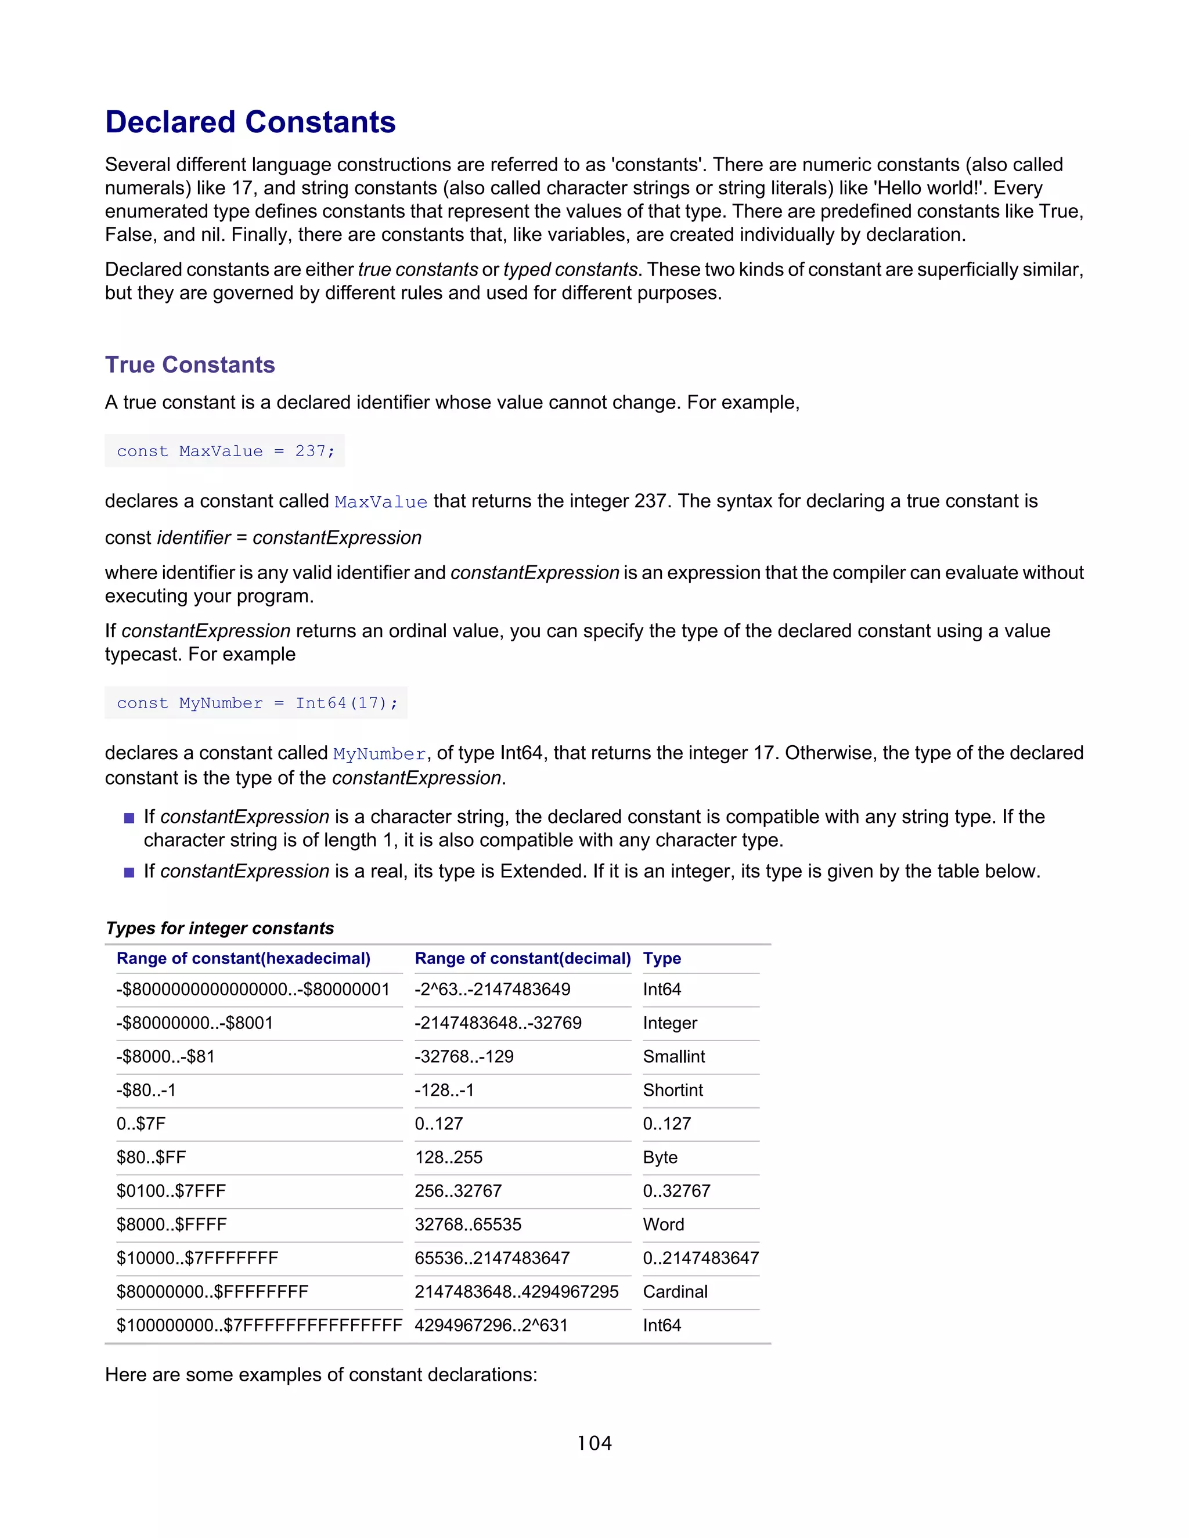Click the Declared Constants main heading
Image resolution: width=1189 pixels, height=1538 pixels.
click(250, 122)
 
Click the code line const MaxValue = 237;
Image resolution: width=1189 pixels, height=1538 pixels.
click(225, 451)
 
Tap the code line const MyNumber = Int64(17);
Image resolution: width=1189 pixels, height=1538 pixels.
click(257, 703)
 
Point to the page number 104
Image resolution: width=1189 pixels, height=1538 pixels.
click(594, 1443)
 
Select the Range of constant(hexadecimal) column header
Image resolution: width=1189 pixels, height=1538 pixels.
click(243, 958)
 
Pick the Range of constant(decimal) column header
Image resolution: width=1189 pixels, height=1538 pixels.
click(522, 958)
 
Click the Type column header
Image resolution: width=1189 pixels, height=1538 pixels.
click(661, 958)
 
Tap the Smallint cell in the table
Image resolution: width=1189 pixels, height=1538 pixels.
click(673, 1056)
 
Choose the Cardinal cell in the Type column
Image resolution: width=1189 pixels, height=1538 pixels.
click(675, 1291)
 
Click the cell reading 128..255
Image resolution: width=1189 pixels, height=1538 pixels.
click(448, 1157)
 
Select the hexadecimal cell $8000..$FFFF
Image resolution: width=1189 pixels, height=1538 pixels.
click(171, 1225)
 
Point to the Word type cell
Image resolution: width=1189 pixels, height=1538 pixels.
click(663, 1225)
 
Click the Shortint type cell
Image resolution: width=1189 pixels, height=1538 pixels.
click(673, 1090)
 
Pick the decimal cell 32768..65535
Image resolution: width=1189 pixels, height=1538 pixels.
click(468, 1225)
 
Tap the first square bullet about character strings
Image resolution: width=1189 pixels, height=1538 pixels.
click(129, 818)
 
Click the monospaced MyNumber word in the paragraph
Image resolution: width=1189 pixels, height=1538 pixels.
click(380, 754)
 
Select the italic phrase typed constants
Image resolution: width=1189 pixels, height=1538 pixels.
click(570, 270)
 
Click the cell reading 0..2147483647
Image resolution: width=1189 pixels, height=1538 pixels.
click(700, 1258)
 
